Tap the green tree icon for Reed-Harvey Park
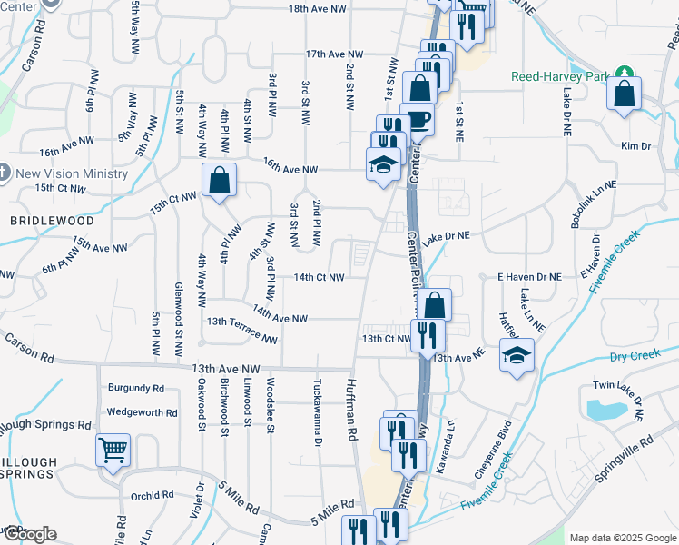point(624,74)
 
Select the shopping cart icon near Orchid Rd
point(113,449)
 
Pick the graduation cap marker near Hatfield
point(517,354)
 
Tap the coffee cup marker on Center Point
point(417,119)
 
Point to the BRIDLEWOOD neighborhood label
point(39,221)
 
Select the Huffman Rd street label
point(351,411)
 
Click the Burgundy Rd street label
point(136,388)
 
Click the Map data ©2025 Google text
point(622,538)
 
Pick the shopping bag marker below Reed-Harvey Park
point(625,94)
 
